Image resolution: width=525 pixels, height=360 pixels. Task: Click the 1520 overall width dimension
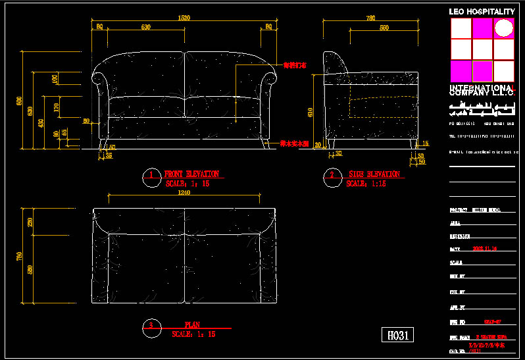tap(185, 18)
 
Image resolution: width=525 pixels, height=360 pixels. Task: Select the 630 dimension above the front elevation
tap(145, 27)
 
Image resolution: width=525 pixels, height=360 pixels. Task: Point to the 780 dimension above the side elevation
tap(371, 18)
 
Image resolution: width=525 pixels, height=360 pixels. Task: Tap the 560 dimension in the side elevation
tap(384, 27)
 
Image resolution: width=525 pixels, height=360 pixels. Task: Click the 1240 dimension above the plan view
tap(184, 193)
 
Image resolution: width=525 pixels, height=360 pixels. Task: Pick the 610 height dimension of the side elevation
tap(310, 113)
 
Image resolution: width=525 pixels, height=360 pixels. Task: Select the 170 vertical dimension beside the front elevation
tap(57, 106)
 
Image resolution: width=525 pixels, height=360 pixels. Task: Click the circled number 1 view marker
tap(151, 175)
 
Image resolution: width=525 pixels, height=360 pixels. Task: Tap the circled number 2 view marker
tap(332, 175)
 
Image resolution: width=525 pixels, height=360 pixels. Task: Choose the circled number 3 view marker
tap(151, 326)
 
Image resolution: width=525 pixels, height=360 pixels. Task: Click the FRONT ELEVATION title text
tap(191, 174)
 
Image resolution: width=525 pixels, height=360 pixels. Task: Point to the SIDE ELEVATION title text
tap(374, 174)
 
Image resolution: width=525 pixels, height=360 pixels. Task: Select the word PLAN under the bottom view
tap(192, 325)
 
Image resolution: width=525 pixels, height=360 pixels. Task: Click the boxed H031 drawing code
tap(399, 335)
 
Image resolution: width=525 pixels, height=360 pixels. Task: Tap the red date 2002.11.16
tap(485, 249)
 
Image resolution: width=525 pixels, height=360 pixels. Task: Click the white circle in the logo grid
tap(504, 28)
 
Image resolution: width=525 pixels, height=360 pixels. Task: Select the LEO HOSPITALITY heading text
tap(482, 11)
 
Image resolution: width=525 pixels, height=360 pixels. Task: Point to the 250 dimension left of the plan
tap(29, 222)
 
